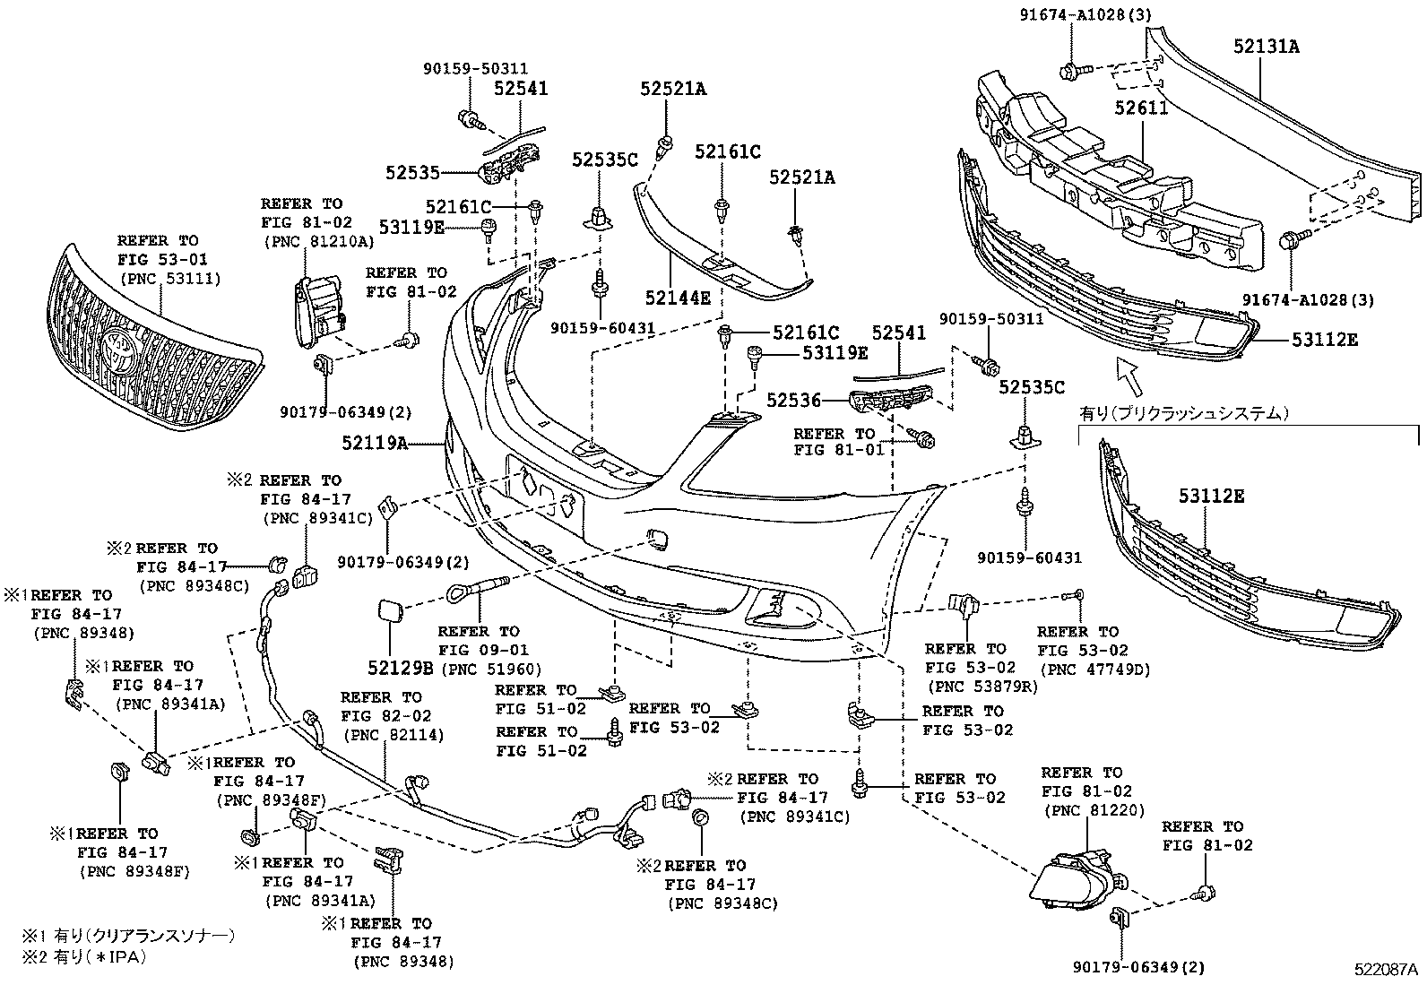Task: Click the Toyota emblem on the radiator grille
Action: (x=120, y=353)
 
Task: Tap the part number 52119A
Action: (x=374, y=442)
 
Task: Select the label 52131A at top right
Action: (x=1265, y=47)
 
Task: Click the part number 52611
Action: (x=1142, y=108)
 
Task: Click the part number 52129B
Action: (x=400, y=667)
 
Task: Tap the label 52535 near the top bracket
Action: (x=413, y=172)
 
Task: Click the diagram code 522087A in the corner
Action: (x=1385, y=969)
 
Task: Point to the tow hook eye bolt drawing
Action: (x=475, y=589)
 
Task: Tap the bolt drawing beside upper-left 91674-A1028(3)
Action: (x=1072, y=69)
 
